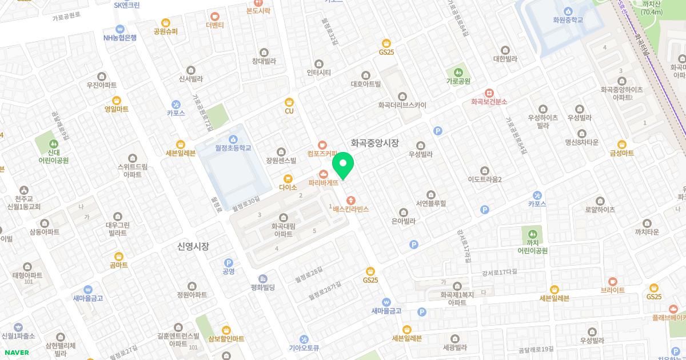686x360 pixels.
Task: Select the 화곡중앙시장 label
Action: point(374,143)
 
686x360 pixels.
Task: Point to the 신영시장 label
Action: point(193,246)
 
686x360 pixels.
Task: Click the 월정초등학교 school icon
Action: point(233,139)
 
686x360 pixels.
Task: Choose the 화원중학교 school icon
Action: point(568,11)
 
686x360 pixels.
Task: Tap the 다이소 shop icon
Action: point(288,178)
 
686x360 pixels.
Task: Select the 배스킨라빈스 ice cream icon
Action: point(351,201)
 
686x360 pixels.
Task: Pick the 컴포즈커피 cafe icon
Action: point(323,145)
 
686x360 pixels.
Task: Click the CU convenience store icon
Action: point(289,102)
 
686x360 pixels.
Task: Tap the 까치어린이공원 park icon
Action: point(533,234)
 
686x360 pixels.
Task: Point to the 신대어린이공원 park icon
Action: point(54,143)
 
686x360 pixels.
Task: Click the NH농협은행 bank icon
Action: point(120,29)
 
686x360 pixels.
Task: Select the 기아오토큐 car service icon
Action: point(304,339)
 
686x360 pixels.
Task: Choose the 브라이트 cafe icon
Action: point(613,281)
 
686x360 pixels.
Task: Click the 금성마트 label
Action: point(622,153)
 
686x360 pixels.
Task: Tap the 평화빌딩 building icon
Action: point(263,278)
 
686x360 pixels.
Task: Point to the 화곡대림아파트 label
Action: point(283,230)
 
